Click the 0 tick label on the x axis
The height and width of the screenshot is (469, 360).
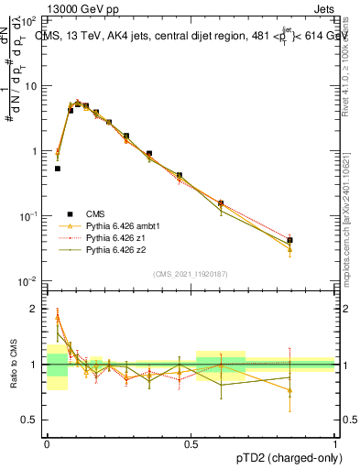click(47, 442)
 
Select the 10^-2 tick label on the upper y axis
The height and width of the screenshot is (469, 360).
click(31, 280)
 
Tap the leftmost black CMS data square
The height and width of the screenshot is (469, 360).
click(58, 169)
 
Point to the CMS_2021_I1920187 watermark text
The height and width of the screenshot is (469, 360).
click(190, 274)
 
